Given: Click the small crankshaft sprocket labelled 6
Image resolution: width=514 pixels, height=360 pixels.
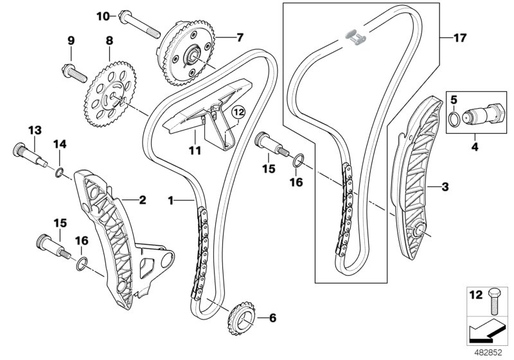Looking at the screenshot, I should point(238,318).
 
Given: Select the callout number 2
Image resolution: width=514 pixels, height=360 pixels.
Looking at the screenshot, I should point(142,200).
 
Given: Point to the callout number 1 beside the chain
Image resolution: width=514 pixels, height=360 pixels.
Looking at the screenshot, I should point(172,201).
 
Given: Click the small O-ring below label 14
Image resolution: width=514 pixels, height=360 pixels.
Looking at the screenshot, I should point(59,172).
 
